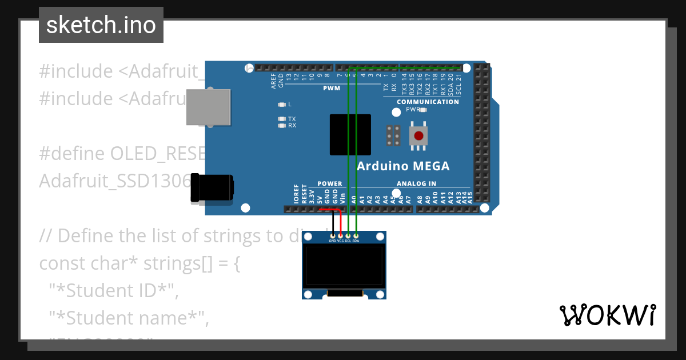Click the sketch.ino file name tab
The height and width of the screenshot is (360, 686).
[101, 25]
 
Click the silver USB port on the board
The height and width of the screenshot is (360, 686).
[208, 107]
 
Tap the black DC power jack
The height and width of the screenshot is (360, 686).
[212, 188]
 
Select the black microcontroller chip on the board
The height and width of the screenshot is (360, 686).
[350, 134]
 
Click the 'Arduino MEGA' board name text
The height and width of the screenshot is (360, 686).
[403, 166]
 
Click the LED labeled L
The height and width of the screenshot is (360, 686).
[281, 105]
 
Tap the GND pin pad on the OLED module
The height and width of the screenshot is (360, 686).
[332, 235]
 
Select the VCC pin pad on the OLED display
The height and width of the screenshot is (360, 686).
[340, 235]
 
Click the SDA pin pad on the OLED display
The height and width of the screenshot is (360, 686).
[356, 235]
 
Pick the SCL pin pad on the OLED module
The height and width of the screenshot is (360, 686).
[348, 235]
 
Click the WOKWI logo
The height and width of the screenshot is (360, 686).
[607, 315]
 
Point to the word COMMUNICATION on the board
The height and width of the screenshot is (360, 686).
[428, 102]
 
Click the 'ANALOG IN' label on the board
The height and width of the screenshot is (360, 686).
[416, 183]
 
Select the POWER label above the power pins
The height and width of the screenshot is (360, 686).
[329, 183]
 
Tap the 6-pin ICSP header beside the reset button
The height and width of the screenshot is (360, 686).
[393, 135]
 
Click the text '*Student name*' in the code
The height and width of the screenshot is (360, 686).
[129, 317]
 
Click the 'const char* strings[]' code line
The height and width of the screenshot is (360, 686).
[139, 264]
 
